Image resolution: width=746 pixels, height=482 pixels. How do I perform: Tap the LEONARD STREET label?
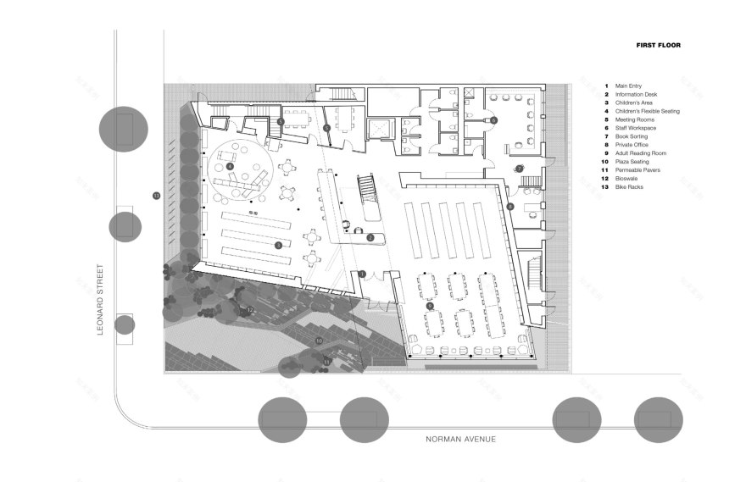click(100, 299)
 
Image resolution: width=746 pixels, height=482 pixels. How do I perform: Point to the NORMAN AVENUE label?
click(461, 440)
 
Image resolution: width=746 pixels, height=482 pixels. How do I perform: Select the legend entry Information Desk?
click(637, 94)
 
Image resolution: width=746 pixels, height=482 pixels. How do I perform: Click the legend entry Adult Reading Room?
click(640, 152)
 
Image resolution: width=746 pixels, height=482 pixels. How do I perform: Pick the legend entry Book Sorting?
click(632, 136)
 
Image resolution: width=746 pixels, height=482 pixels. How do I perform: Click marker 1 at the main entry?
click(362, 274)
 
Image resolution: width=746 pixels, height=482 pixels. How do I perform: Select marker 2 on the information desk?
click(370, 238)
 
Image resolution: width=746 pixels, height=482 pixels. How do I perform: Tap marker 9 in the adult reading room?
click(430, 306)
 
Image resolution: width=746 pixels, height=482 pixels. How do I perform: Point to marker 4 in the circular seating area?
click(230, 166)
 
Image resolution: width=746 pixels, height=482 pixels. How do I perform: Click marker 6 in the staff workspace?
click(493, 121)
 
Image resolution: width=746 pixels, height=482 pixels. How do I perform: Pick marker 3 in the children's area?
click(278, 245)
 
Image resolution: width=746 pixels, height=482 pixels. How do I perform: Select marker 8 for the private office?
click(510, 207)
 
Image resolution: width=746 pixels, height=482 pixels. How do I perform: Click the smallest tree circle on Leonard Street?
click(125, 324)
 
